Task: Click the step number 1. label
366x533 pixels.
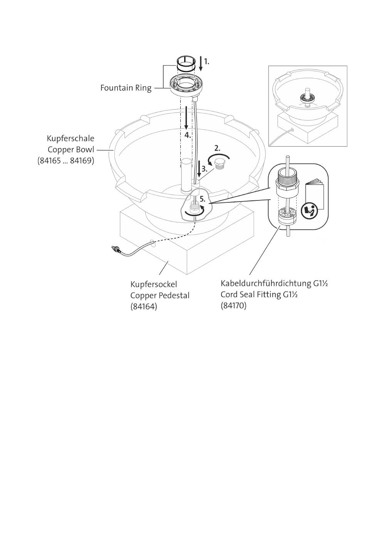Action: [x=207, y=62]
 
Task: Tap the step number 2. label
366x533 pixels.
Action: [x=217, y=148]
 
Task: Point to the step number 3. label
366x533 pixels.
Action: [x=205, y=169]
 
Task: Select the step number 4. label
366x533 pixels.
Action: [x=188, y=135]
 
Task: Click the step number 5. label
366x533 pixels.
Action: [x=202, y=199]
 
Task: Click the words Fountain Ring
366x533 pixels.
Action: [x=126, y=88]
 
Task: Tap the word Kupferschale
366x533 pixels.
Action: [x=71, y=138]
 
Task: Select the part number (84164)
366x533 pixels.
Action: [x=144, y=306]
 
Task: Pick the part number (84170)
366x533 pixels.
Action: [x=233, y=306]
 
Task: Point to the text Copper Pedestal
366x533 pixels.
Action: [x=160, y=296]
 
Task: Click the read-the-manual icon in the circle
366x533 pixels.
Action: [x=309, y=211]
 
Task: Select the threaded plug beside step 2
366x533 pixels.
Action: [x=218, y=165]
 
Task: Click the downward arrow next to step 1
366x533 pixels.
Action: [x=201, y=64]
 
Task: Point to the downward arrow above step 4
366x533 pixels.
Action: [x=186, y=118]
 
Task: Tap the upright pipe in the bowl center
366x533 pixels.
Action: [x=186, y=176]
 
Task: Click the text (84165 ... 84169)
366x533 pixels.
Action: [x=66, y=161]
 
